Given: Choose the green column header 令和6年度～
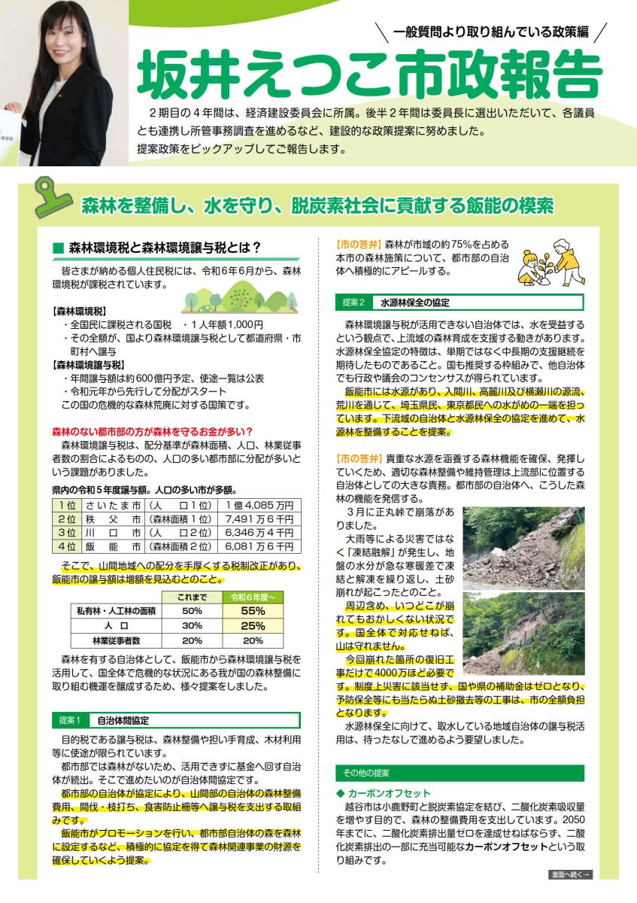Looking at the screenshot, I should pyautogui.click(x=253, y=597).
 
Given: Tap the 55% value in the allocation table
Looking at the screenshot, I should pyautogui.click(x=253, y=611).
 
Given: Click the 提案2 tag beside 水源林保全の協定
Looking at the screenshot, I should pyautogui.click(x=353, y=303).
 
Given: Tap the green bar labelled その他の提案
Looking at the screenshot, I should pyautogui.click(x=459, y=773).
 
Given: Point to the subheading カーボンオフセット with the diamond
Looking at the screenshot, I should pyautogui.click(x=384, y=793).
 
